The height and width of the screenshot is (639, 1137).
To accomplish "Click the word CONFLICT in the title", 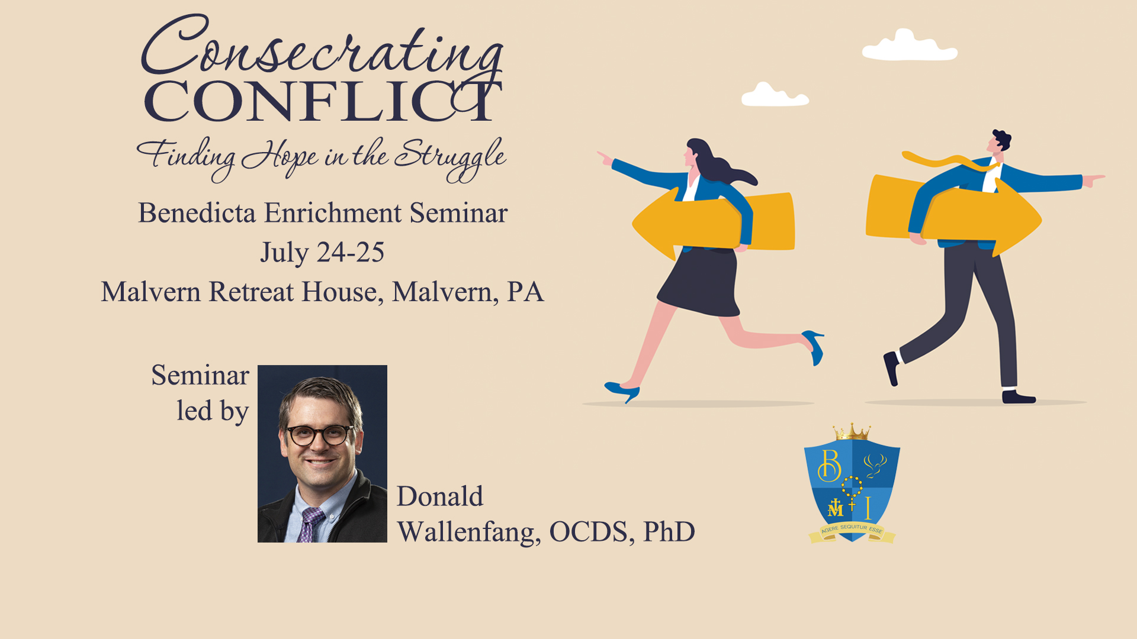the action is pos(323,101).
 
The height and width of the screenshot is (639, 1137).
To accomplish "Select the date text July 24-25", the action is pos(323,253).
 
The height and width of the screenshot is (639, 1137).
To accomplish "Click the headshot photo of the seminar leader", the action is pos(322,454).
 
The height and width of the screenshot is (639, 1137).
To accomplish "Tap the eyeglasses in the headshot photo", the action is pos(320,435).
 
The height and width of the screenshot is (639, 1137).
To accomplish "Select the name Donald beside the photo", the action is pos(440,496).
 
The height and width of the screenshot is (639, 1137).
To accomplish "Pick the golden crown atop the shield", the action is pos(852,432).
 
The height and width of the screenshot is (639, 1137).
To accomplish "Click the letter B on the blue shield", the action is pos(829,465).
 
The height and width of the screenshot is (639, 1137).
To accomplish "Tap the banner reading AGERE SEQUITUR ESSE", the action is pos(852,531).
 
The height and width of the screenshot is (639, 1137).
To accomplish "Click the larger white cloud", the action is pos(910,46).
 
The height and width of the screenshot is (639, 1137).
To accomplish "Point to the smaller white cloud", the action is pos(775,95).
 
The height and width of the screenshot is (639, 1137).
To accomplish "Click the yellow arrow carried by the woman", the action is pos(714,222).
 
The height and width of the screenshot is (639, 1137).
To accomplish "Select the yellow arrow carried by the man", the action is pos(953,214).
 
